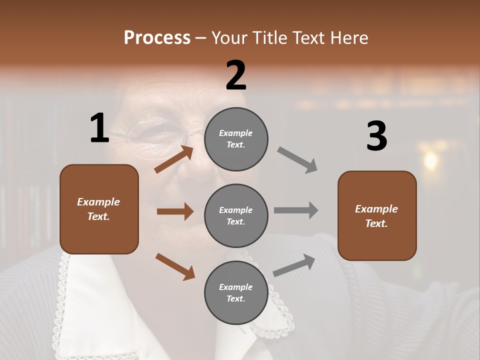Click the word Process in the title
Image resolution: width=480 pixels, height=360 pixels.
click(x=157, y=38)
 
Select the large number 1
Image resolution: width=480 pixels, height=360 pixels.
click(x=99, y=128)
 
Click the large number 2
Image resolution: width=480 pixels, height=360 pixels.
click(x=236, y=75)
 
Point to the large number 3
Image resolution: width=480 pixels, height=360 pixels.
click(x=376, y=136)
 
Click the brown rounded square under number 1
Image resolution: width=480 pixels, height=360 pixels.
click(x=99, y=209)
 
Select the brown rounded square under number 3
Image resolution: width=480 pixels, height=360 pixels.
click(x=377, y=215)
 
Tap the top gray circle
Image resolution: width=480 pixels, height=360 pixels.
click(x=236, y=138)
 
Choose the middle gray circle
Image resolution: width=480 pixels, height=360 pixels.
click(x=236, y=215)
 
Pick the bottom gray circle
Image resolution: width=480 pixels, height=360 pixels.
click(x=236, y=292)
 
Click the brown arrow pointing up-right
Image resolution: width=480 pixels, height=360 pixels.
click(x=174, y=159)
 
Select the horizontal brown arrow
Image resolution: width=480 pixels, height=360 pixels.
click(x=175, y=211)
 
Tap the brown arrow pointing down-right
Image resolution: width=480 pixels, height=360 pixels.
click(x=175, y=266)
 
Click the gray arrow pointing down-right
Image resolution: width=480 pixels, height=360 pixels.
click(x=297, y=159)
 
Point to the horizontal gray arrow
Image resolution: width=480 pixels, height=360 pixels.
click(x=296, y=210)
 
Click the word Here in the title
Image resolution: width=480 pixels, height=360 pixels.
click(x=350, y=38)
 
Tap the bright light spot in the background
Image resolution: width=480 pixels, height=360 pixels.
click(x=429, y=160)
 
